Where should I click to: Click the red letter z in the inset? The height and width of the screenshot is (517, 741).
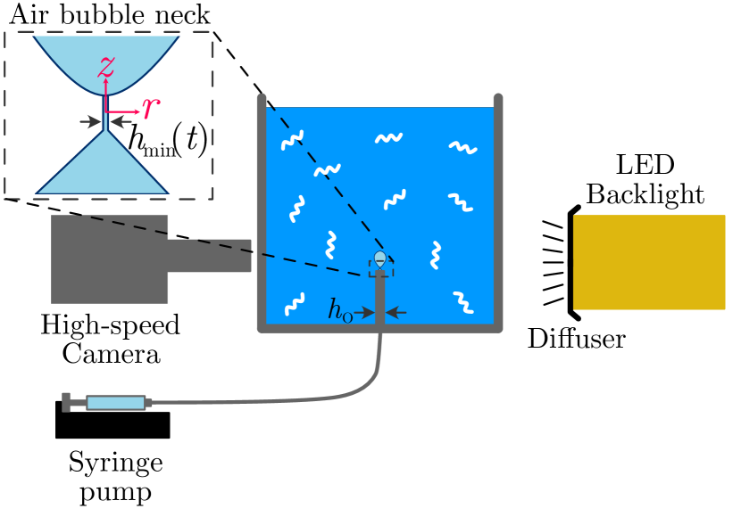106,67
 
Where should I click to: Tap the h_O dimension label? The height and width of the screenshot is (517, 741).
340,311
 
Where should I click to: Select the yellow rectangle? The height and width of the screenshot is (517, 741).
649,262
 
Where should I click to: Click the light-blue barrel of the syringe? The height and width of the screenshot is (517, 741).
116,403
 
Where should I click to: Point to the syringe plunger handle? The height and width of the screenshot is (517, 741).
66,402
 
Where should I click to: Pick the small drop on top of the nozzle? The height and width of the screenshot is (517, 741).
380,258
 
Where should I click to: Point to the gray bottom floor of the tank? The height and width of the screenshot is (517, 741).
379,328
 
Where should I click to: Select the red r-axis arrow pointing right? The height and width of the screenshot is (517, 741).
126,112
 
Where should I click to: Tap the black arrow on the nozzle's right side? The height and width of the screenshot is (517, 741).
395,313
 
